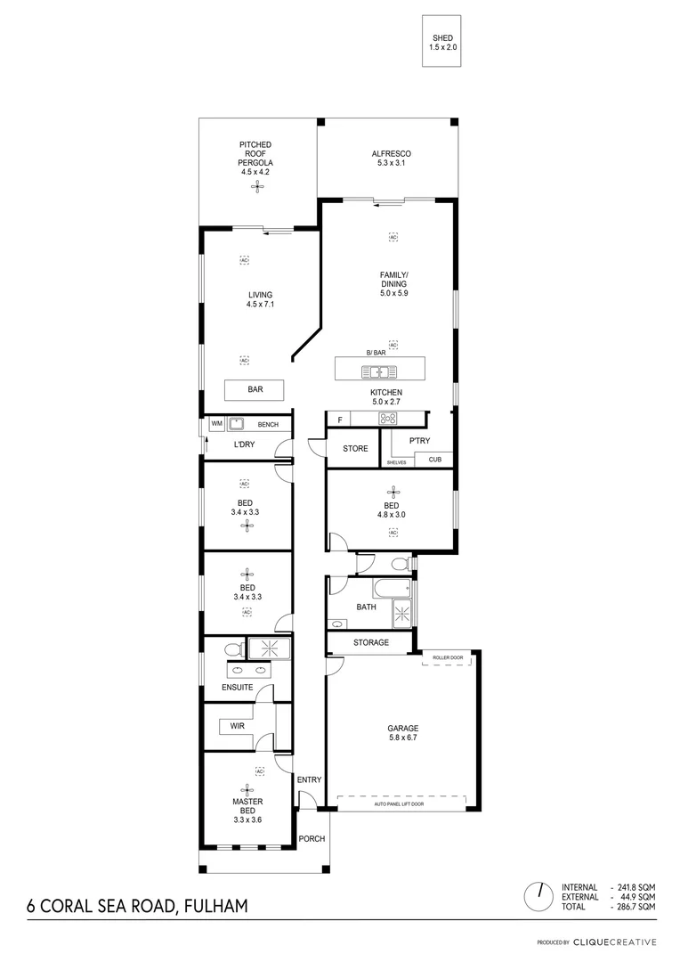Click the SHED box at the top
tap(443, 42)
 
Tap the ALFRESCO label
tap(391, 158)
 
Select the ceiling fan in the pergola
tap(255, 186)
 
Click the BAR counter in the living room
tap(254, 390)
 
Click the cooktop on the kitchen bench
tap(389, 419)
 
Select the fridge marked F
tap(338, 420)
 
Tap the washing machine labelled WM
tap(216, 425)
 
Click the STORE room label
tap(355, 449)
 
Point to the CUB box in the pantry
tap(434, 460)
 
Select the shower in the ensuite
tap(264, 648)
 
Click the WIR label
tap(237, 726)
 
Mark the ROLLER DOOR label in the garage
tap(448, 658)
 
